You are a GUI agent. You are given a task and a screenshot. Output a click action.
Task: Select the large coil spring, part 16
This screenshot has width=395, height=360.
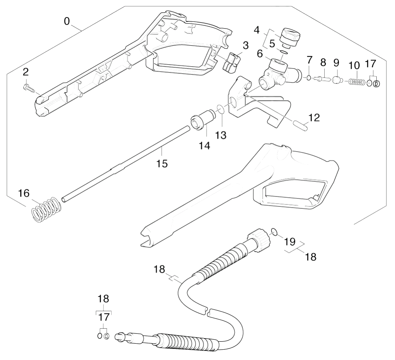coord(46,209)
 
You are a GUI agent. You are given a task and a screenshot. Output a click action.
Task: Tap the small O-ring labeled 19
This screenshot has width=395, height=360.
coord(274,232)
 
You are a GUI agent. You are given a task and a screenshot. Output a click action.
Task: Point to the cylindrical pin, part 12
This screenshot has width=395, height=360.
coord(300,125)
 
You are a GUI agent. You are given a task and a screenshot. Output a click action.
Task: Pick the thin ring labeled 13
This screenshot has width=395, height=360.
coord(220,110)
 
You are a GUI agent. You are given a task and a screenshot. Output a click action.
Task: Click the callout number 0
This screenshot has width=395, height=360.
coord(66,21)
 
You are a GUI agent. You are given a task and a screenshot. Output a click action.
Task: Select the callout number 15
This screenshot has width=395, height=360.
coord(162,164)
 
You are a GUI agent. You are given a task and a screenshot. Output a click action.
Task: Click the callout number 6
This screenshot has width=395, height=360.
coord(260,54)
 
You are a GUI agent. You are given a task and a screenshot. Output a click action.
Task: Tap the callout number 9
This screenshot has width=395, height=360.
coord(336,63)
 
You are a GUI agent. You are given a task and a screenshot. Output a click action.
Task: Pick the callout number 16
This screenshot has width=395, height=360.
coord(24,193)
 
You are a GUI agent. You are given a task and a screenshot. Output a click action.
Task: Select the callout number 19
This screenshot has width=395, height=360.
coord(289,242)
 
